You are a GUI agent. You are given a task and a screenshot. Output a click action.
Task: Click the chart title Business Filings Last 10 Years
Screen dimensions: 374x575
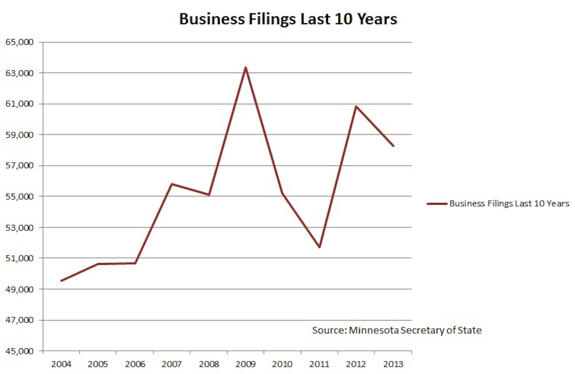pyautogui.click(x=288, y=19)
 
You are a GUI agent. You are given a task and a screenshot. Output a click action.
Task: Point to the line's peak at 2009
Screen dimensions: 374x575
pyautogui.click(x=245, y=68)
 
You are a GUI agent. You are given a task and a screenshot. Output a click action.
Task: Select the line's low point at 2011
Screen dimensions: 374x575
pyautogui.click(x=319, y=247)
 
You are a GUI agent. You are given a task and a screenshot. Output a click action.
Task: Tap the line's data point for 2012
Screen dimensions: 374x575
pyautogui.click(x=356, y=106)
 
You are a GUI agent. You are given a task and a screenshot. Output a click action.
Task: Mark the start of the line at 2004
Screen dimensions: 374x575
pyautogui.click(x=61, y=281)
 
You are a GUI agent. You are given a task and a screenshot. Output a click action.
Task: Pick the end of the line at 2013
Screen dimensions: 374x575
pyautogui.click(x=393, y=146)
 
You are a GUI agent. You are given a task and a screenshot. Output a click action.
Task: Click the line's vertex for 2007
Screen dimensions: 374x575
pyautogui.click(x=172, y=184)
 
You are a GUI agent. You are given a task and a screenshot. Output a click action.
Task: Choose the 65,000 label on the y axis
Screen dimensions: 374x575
pyautogui.click(x=19, y=42)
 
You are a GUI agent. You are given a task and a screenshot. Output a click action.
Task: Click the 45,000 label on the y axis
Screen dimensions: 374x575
pyautogui.click(x=19, y=351)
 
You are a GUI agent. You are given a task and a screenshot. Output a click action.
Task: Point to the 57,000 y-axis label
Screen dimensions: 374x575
pyautogui.click(x=19, y=166)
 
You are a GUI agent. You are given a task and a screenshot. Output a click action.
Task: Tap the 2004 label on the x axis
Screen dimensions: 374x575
pyautogui.click(x=61, y=364)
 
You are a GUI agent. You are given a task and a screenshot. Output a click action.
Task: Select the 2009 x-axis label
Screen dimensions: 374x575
pyautogui.click(x=245, y=364)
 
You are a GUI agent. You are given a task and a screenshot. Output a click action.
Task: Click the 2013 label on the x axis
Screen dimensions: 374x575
pyautogui.click(x=393, y=364)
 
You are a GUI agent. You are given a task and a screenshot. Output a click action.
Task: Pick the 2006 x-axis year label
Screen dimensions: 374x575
pyautogui.click(x=135, y=364)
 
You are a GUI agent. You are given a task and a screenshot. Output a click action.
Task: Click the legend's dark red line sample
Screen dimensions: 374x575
pyautogui.click(x=437, y=204)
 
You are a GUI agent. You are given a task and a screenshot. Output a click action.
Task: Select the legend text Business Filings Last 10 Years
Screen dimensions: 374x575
pyautogui.click(x=509, y=204)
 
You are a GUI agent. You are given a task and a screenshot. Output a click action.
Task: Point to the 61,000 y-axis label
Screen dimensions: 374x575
pyautogui.click(x=19, y=104)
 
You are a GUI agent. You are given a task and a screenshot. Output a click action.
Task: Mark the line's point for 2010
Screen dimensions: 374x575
pyautogui.click(x=282, y=194)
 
